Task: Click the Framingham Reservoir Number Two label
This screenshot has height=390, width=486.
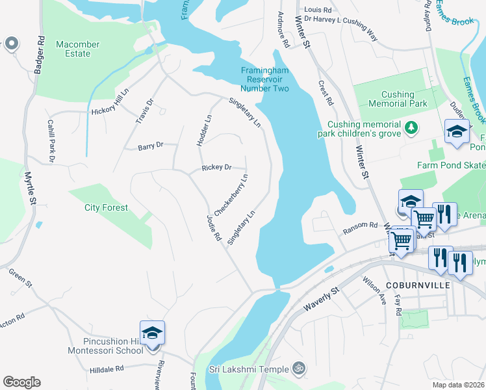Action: point(265,79)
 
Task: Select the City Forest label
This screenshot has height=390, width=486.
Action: point(106,208)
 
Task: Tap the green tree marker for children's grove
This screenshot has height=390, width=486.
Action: point(411,128)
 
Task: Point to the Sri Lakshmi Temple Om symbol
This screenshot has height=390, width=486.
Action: point(298,369)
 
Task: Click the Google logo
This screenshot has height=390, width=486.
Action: point(22,382)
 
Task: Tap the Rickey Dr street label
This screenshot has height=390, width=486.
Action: point(216,168)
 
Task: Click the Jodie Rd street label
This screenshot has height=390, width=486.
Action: point(214,228)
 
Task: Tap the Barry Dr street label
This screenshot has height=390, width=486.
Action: point(149,147)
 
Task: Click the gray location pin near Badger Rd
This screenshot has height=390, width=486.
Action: point(12,44)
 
